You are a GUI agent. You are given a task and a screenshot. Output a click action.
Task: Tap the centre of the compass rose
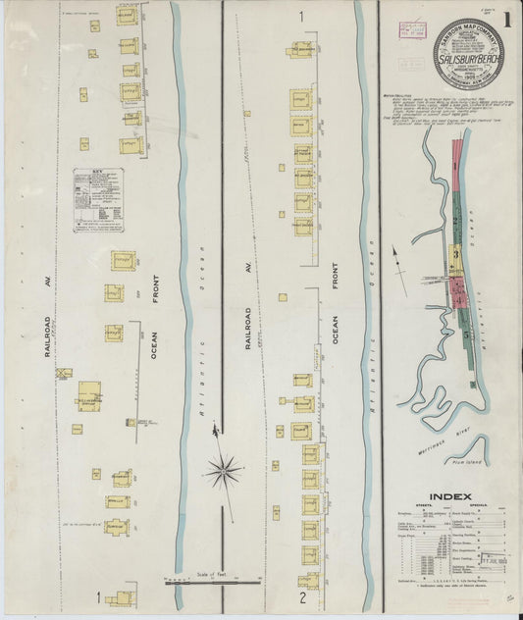(x=225, y=472)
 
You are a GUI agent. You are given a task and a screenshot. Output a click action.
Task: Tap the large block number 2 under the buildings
(x=303, y=596)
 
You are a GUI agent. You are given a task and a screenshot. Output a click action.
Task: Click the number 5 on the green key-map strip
(x=464, y=334)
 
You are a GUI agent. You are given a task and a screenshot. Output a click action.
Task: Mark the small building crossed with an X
(x=64, y=374)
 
